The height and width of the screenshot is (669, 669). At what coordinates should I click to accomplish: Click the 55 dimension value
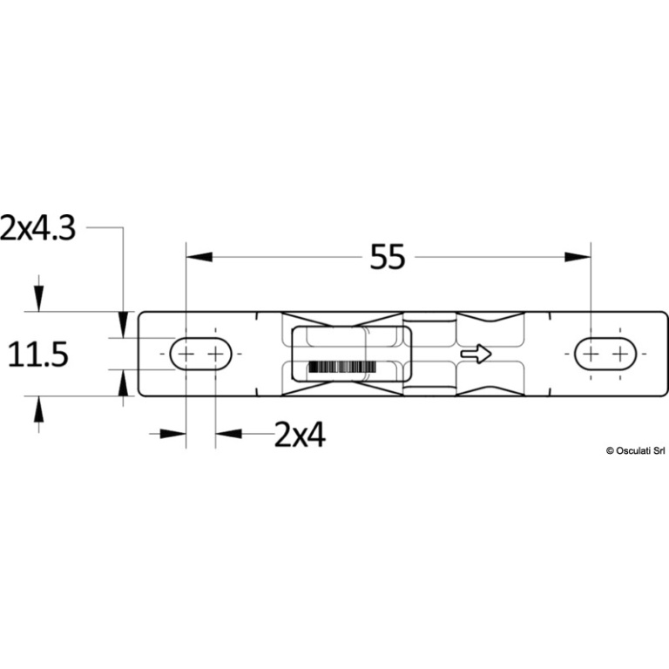click(x=387, y=257)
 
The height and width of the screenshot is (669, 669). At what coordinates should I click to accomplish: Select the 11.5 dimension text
click(x=38, y=355)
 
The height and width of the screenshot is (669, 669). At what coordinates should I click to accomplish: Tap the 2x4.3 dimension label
click(x=37, y=227)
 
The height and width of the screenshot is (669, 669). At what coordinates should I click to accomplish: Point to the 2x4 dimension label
click(x=300, y=435)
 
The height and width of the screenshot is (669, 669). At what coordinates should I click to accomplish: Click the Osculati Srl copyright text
click(x=635, y=450)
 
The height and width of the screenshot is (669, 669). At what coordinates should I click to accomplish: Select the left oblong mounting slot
click(x=200, y=354)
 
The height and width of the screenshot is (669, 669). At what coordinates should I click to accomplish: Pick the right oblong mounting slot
click(x=605, y=354)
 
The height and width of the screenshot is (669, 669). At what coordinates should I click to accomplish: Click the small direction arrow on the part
click(x=476, y=354)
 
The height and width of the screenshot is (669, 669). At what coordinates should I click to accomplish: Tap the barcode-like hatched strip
click(x=342, y=367)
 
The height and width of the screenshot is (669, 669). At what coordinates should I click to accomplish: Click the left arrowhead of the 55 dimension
click(x=199, y=257)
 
